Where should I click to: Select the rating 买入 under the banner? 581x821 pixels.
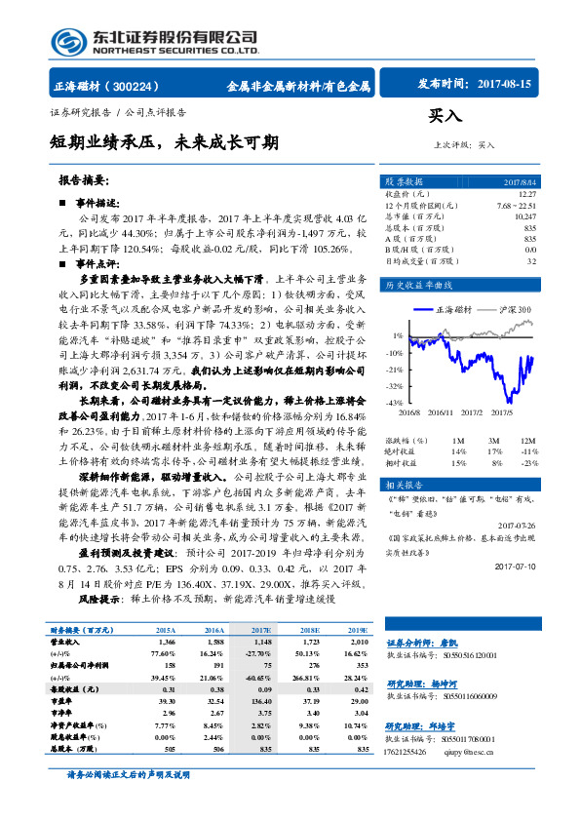pyautogui.click(x=445, y=115)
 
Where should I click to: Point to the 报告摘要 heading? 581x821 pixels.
pyautogui.click(x=84, y=180)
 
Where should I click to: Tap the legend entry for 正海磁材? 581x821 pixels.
pyautogui.click(x=452, y=309)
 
